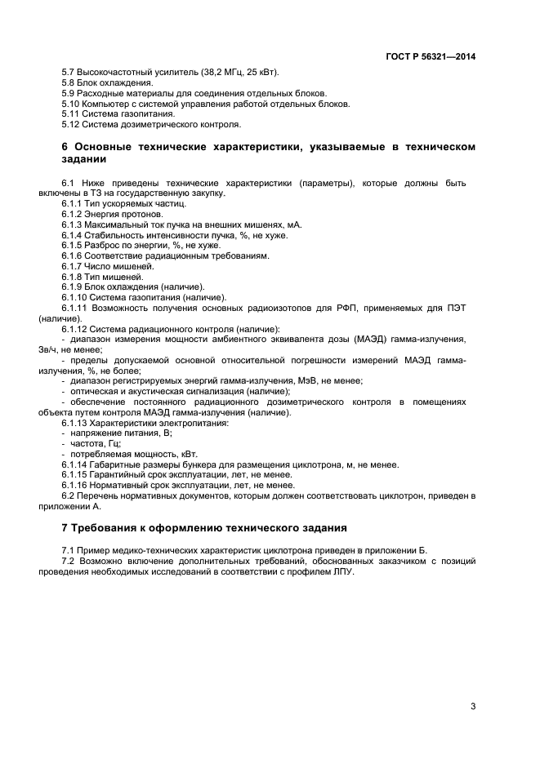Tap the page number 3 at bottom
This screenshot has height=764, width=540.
coord(473,707)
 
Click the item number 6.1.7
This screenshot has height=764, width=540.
coord(73,267)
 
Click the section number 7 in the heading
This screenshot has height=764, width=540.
coord(65,527)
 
